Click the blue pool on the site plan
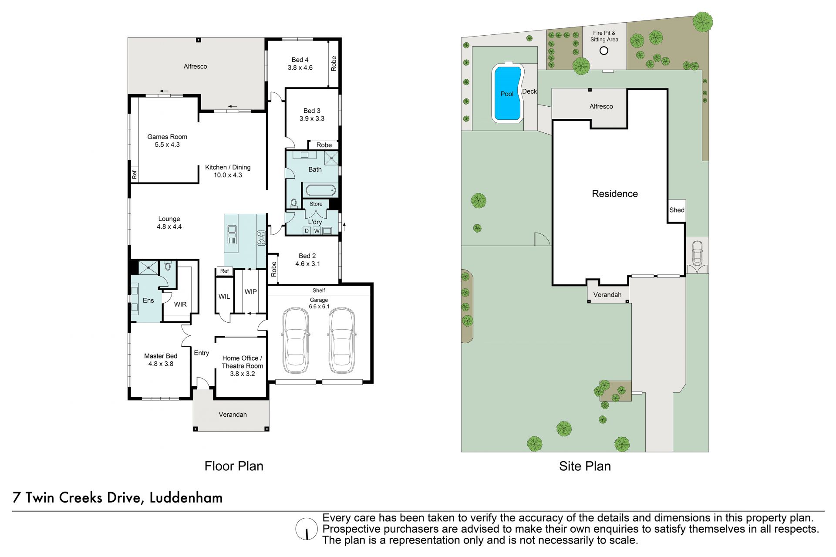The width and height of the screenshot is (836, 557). [x=507, y=93]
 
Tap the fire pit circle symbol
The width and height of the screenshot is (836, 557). [x=604, y=51]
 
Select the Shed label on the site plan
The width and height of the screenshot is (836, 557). [x=677, y=210]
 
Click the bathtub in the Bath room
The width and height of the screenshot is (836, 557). [x=320, y=190]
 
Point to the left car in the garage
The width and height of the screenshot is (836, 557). [x=295, y=341]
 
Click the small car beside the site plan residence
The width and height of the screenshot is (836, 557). [x=697, y=253]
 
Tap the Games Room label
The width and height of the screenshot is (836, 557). [x=167, y=137]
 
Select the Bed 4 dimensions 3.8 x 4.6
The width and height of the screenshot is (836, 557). [x=300, y=68]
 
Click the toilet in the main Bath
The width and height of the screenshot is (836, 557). [x=293, y=203]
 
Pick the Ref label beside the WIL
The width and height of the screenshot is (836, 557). [x=225, y=271]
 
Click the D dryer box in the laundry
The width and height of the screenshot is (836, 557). [x=307, y=231]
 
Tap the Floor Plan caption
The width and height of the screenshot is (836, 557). [x=234, y=466]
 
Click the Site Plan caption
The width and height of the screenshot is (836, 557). [x=585, y=466]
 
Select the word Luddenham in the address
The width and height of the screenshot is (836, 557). [x=186, y=497]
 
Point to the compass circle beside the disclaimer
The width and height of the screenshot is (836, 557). [x=307, y=529]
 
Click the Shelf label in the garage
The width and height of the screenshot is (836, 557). [x=319, y=290]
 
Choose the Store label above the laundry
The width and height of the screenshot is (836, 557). [x=316, y=204]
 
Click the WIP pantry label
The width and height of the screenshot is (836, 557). [x=250, y=292]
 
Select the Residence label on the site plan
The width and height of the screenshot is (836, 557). [x=615, y=194]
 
